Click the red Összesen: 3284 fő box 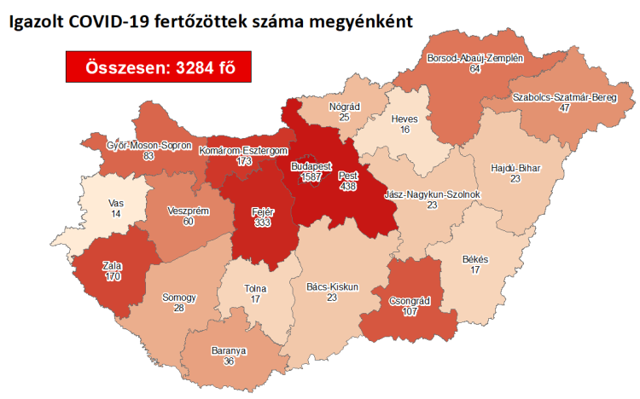pyautogui.click(x=158, y=67)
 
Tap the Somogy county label pyautogui.click(x=179, y=297)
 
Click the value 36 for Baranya pyautogui.click(x=228, y=361)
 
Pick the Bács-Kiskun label pyautogui.click(x=332, y=286)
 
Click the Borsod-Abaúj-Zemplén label pyautogui.click(x=474, y=59)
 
